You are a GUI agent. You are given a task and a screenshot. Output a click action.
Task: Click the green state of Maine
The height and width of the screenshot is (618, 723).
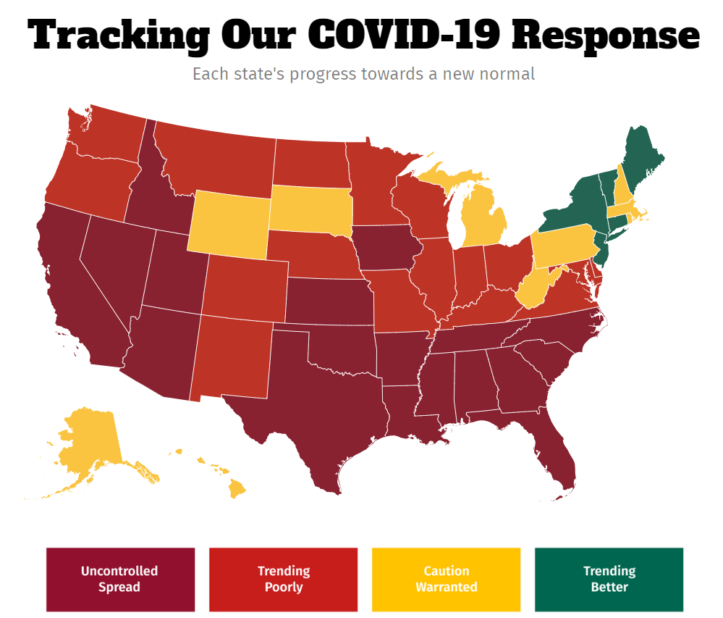tap(640, 156)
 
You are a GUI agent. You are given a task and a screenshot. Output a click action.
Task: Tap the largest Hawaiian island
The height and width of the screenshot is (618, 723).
tap(237, 489)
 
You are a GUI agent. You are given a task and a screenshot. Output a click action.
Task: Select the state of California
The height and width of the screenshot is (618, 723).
tap(72, 290)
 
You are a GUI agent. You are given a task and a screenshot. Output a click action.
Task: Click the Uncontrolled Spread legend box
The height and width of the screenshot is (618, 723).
tap(120, 579)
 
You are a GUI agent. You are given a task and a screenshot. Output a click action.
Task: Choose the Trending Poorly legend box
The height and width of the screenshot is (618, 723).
tap(283, 579)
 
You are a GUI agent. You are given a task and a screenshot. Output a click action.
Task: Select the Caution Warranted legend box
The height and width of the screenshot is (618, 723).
tap(446, 579)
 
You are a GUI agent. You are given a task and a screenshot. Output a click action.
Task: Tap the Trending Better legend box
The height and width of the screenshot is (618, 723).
tap(609, 579)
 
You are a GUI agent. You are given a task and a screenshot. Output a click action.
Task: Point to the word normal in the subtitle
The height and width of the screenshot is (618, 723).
tap(511, 74)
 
